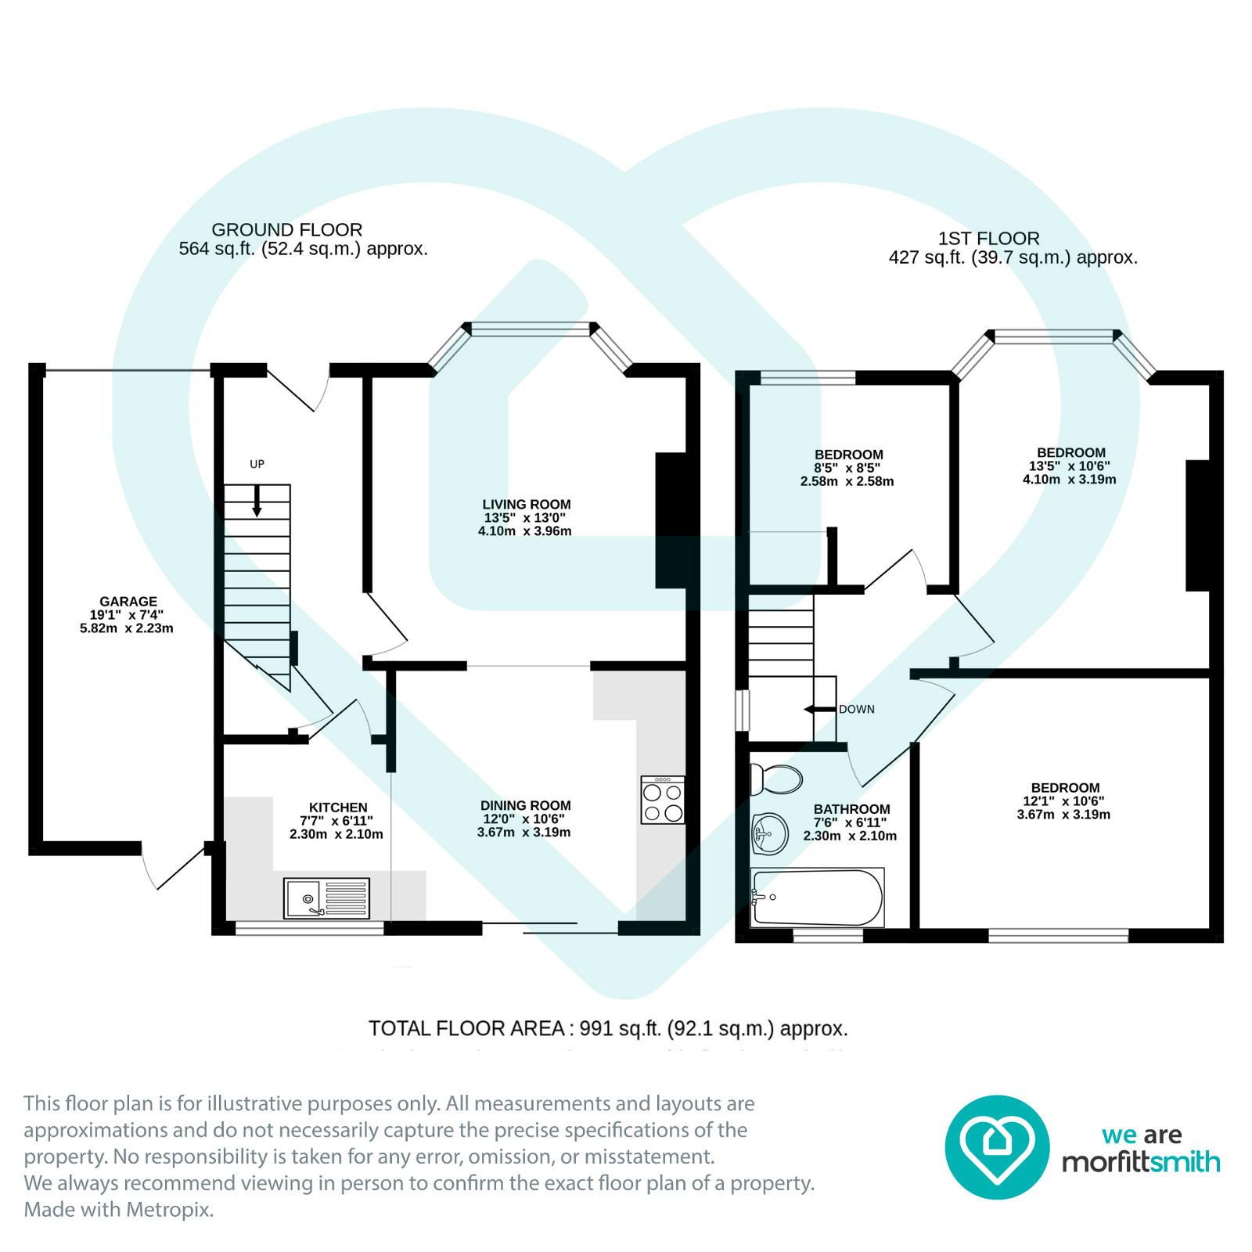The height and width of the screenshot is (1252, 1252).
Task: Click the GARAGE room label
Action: tap(128, 602)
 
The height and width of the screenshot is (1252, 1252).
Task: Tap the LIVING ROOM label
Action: tap(526, 505)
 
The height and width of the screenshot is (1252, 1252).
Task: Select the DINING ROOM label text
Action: tap(525, 805)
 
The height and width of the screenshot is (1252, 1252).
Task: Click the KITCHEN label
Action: tap(337, 808)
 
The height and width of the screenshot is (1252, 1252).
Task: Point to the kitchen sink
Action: tap(326, 898)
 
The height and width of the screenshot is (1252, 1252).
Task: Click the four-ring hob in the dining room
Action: tap(662, 800)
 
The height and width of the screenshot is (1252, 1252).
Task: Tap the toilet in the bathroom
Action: tap(777, 779)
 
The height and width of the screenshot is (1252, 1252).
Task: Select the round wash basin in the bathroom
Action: tap(770, 833)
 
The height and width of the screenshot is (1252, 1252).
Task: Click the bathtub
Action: tap(816, 898)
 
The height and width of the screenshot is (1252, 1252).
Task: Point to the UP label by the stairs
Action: tap(257, 464)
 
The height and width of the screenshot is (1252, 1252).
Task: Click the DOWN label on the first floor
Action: tap(857, 709)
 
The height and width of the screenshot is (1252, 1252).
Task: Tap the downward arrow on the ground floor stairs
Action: tap(257, 501)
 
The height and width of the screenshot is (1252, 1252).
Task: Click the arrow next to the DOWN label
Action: tap(819, 709)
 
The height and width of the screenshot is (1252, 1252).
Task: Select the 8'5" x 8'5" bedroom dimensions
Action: tap(847, 468)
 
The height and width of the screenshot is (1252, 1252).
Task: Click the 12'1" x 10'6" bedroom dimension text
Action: tap(1063, 801)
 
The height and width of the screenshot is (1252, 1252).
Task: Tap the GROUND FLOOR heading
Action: tap(287, 230)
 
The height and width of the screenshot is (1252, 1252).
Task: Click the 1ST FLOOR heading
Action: tap(988, 239)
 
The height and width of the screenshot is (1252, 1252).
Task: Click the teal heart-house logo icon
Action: tap(997, 1146)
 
